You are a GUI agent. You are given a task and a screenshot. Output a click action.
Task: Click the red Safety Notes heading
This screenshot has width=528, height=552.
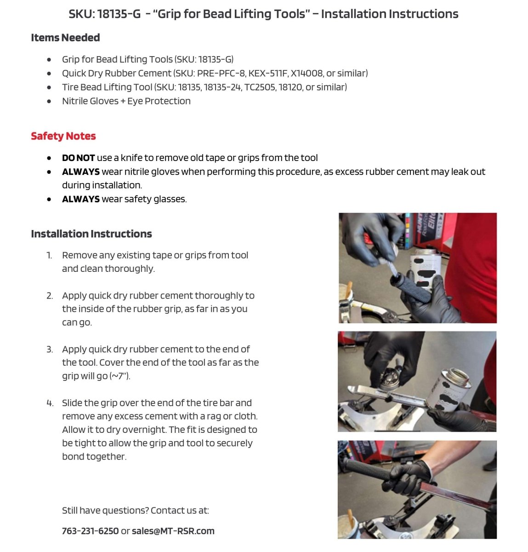63,136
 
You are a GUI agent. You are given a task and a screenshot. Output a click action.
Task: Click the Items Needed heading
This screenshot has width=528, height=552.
65,38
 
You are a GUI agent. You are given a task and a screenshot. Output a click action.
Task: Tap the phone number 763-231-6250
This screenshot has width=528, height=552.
90,531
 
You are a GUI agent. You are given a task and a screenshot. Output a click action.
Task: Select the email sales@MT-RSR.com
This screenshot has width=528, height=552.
173,531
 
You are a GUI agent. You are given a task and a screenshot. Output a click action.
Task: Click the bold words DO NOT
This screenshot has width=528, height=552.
78,158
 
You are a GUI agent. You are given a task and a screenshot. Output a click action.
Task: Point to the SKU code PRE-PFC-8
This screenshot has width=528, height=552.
221,73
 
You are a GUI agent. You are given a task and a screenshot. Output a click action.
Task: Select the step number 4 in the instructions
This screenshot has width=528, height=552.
50,403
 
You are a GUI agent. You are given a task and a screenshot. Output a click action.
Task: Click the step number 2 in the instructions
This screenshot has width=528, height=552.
50,296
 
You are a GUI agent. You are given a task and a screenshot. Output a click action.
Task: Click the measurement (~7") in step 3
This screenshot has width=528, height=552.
119,376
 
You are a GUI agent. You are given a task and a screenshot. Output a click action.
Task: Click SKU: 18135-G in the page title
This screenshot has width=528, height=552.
105,14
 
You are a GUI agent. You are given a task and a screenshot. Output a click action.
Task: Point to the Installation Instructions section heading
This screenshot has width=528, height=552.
91,234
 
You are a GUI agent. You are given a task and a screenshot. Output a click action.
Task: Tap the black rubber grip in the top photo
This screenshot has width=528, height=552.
411,285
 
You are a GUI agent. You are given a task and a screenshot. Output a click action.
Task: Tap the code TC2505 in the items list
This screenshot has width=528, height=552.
260,87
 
